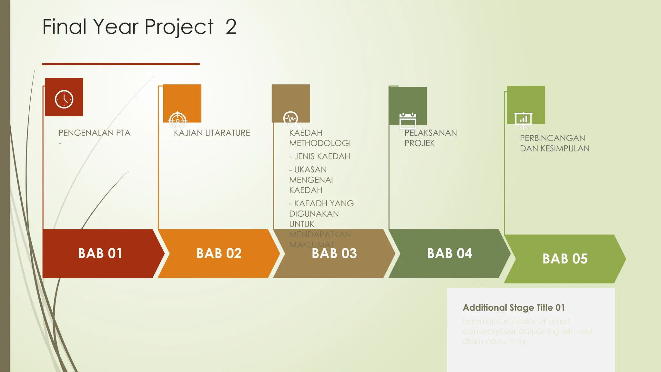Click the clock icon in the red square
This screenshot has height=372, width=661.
tap(64, 99)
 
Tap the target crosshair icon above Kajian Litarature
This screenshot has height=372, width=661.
tap(178, 120)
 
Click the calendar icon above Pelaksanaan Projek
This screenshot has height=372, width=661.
tap(408, 121)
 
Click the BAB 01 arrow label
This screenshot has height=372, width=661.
tap(100, 253)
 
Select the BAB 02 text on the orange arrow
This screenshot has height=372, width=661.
tap(219, 253)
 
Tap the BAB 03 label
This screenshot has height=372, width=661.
tap(334, 253)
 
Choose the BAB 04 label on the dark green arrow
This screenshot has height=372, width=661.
tap(449, 253)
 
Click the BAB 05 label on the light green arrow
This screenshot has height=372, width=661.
tap(565, 259)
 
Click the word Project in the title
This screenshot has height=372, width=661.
tap(179, 27)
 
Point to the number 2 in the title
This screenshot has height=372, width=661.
tap(231, 27)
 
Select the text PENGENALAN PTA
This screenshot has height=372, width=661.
tap(94, 133)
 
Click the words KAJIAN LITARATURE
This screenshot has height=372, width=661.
tap(212, 133)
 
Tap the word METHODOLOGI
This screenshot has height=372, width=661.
tap(320, 143)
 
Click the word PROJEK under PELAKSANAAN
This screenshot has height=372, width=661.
tap(419, 143)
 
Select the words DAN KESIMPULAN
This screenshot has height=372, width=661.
tap(554, 148)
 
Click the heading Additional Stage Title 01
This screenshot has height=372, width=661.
tap(514, 307)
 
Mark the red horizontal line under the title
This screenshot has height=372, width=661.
tap(121, 64)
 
